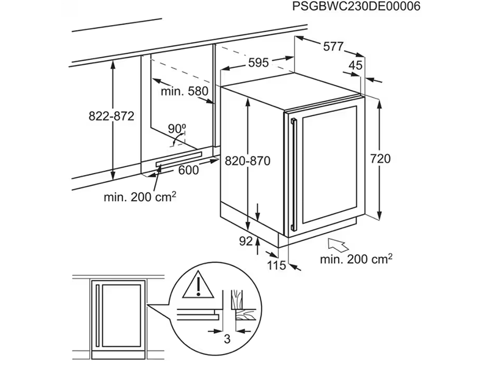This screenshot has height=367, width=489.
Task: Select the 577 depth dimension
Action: click(x=333, y=46)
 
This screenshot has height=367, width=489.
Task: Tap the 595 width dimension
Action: click(x=259, y=62)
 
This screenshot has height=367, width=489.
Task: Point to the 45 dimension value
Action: click(x=355, y=65)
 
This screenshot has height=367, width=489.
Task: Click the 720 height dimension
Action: click(x=380, y=158)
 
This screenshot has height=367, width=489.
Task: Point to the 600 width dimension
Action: click(x=188, y=171)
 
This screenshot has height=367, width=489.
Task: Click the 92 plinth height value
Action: click(x=246, y=242)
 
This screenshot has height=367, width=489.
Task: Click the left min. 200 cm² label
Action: click(x=140, y=197)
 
